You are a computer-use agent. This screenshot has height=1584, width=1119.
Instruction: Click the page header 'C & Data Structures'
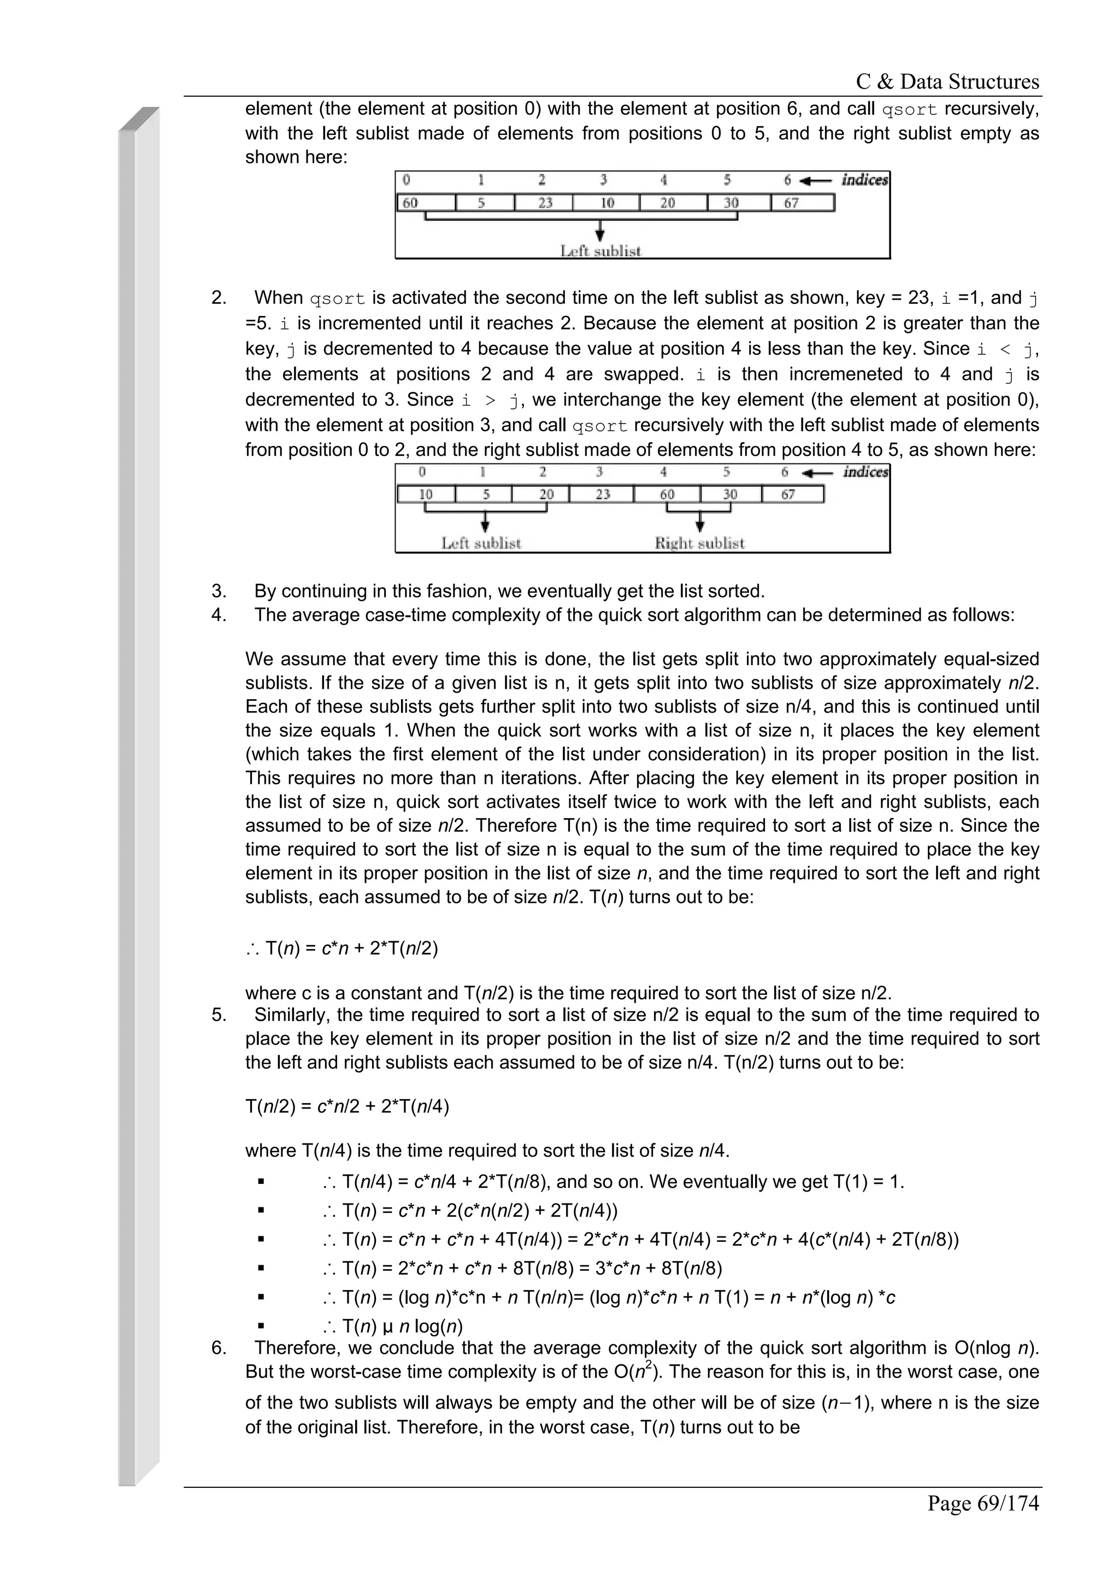click(x=947, y=81)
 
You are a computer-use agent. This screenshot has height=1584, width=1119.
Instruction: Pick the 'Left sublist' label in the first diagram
click(x=600, y=251)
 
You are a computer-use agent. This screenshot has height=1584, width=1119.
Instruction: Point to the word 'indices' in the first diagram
click(x=864, y=180)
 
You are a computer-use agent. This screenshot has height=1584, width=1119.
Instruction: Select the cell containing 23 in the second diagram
click(x=603, y=495)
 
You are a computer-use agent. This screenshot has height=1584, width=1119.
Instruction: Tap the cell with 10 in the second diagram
click(x=426, y=495)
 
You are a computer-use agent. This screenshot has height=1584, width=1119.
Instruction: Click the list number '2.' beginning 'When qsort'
click(x=219, y=298)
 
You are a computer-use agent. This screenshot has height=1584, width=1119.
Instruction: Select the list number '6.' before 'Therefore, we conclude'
click(x=219, y=1347)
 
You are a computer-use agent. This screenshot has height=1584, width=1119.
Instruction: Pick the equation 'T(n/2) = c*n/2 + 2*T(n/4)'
click(x=348, y=1107)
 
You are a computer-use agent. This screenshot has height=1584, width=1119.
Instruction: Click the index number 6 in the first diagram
click(x=787, y=180)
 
